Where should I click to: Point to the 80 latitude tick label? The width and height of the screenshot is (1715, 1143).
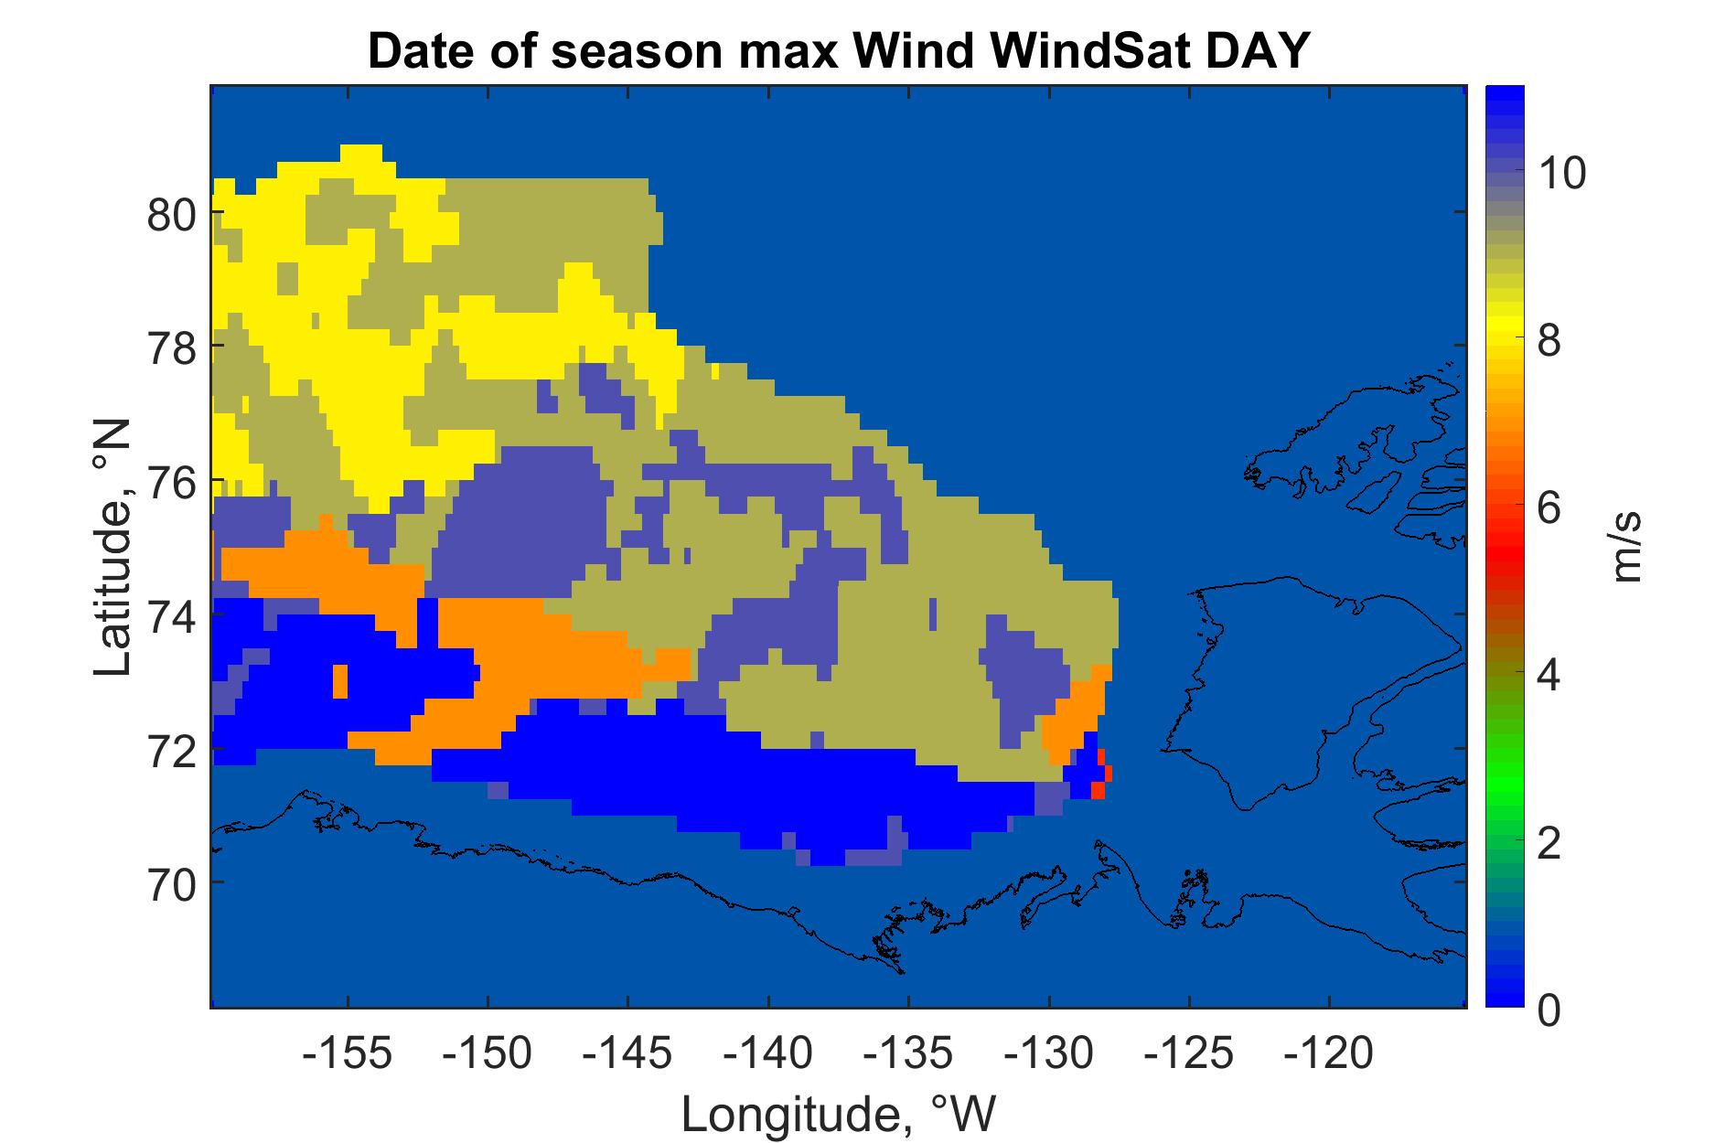pyautogui.click(x=172, y=216)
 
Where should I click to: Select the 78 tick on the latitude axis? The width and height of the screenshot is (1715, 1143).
pyautogui.click(x=172, y=350)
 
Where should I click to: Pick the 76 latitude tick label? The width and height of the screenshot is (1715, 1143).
pyautogui.click(x=172, y=484)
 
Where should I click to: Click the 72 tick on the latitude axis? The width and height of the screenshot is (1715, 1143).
pyautogui.click(x=172, y=753)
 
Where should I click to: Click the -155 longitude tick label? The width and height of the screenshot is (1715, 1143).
pyautogui.click(x=348, y=1055)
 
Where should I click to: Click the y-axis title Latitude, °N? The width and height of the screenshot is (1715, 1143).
pyautogui.click(x=114, y=549)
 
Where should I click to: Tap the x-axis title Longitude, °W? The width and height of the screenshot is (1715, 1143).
pyautogui.click(x=838, y=1115)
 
